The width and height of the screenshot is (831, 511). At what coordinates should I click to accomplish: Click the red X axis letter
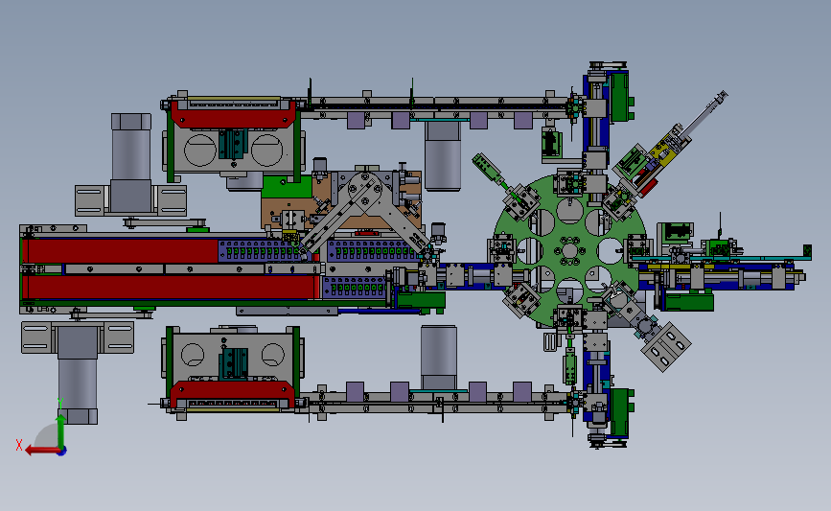click(x=19, y=445)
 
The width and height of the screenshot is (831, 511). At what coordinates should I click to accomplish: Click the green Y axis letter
click(x=60, y=404)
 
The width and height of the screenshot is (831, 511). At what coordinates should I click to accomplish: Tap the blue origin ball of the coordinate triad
click(x=62, y=452)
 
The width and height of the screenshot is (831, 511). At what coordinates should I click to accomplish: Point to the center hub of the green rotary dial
click(x=569, y=251)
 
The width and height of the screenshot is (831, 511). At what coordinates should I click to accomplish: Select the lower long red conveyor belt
click(x=170, y=288)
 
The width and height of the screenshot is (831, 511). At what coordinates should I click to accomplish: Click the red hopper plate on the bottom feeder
click(x=232, y=394)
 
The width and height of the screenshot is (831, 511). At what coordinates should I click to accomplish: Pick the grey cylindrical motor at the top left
click(x=131, y=163)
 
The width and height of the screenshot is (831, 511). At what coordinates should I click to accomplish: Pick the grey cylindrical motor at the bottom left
click(x=78, y=374)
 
